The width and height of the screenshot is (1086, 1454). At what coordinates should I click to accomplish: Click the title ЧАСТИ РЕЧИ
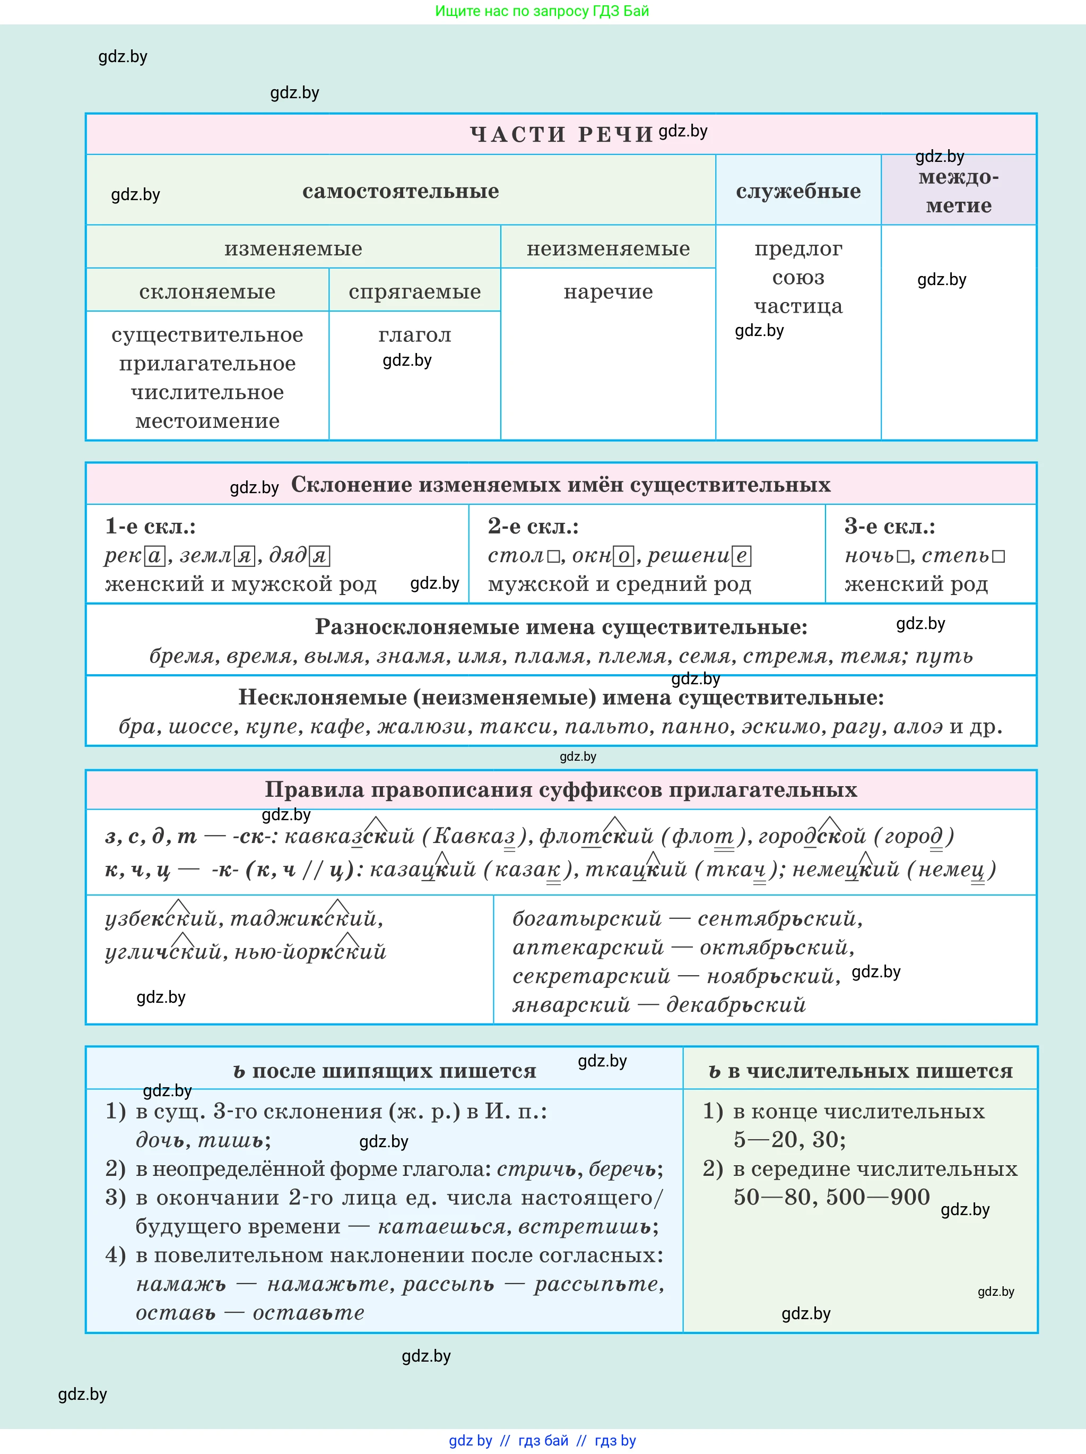tap(561, 134)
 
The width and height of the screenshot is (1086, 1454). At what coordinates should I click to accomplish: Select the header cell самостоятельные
tap(400, 191)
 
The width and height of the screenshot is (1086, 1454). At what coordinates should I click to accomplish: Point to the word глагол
tap(414, 335)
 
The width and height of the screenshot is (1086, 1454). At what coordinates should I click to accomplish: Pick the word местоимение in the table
tap(207, 421)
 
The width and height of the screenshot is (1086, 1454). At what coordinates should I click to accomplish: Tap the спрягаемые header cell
tap(414, 292)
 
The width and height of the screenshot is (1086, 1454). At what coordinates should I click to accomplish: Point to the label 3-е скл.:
tap(890, 527)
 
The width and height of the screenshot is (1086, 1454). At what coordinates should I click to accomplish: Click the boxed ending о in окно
tap(623, 557)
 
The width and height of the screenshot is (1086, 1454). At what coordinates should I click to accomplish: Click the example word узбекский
tap(161, 918)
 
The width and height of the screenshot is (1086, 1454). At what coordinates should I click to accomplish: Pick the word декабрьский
tap(736, 1004)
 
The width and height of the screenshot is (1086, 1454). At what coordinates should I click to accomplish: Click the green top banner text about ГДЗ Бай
tap(542, 11)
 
